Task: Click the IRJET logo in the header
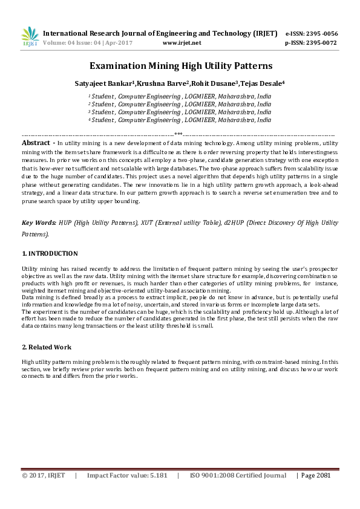pos(30,37)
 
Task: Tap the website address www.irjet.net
pos(182,44)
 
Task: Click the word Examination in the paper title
pos(117,66)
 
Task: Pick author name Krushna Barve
pos(154,83)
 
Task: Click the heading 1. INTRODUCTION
pos(50,253)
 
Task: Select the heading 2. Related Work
pos(47,347)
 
